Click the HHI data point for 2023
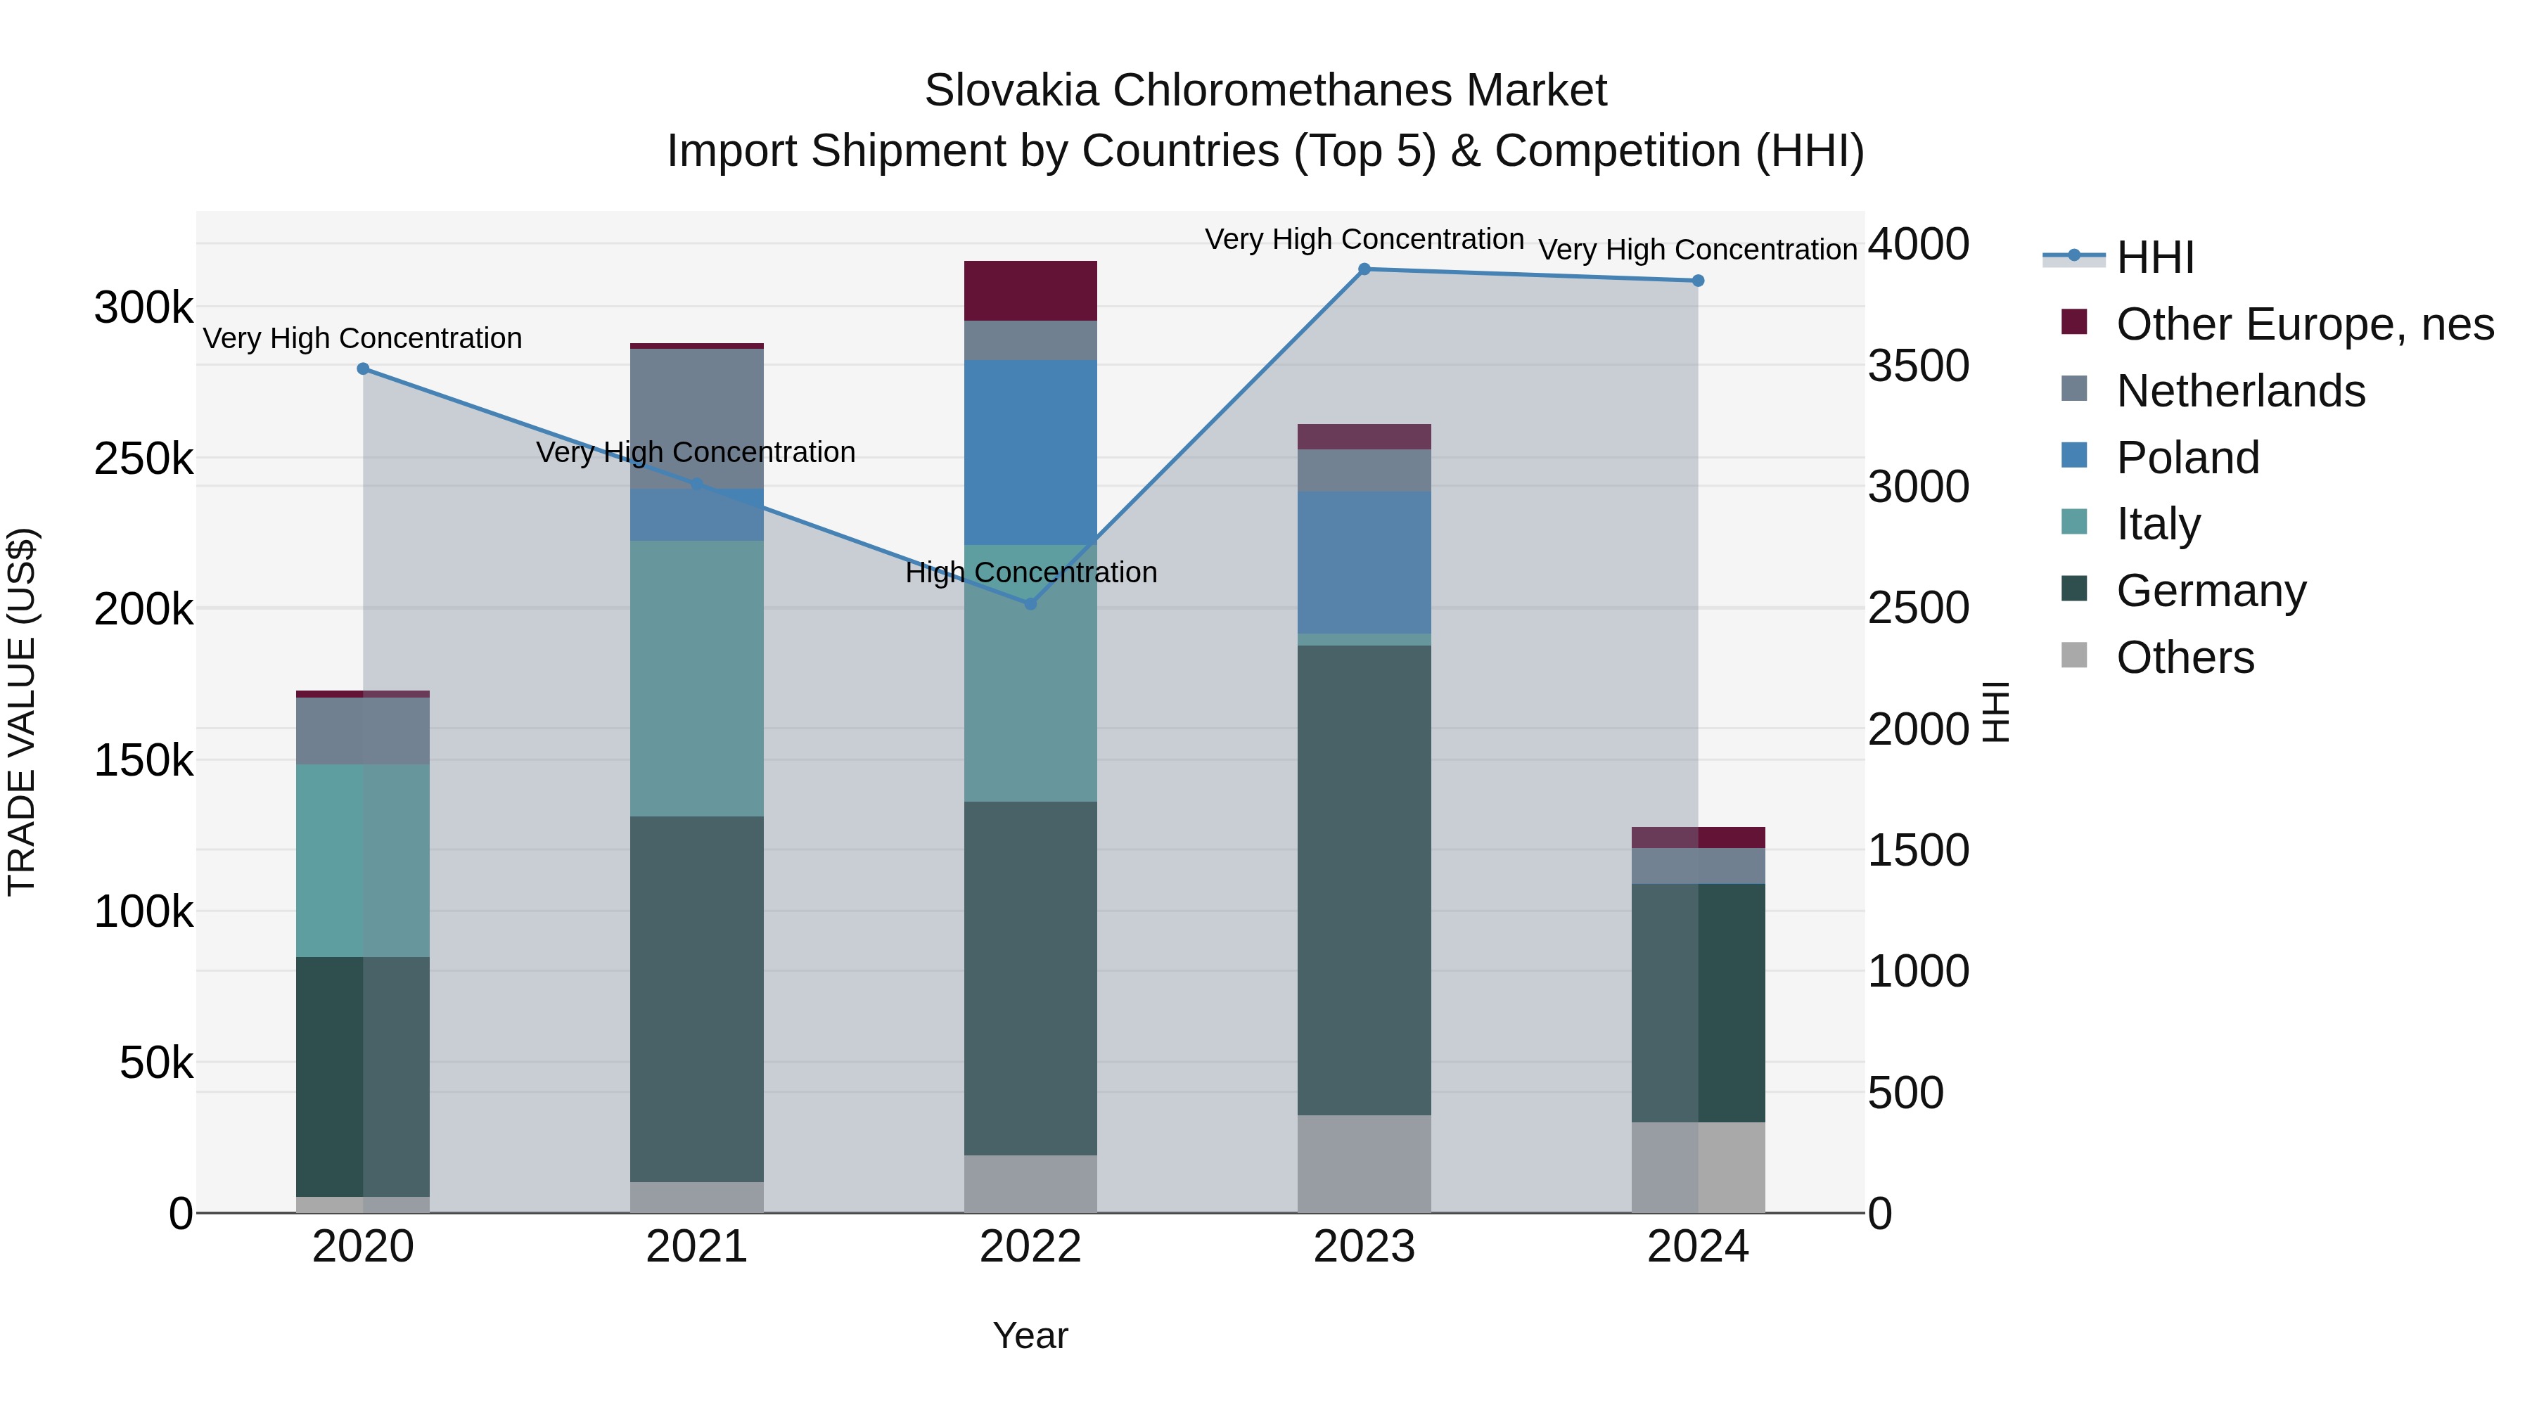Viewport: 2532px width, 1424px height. (1364, 269)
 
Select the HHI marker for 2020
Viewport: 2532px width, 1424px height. (363, 368)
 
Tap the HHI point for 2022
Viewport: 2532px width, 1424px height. (1030, 603)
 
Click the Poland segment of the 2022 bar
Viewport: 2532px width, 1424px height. (1030, 452)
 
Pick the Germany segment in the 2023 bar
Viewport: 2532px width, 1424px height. (1364, 880)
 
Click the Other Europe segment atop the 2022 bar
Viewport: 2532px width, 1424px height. (1030, 291)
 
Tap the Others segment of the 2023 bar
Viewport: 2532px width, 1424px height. (1364, 1164)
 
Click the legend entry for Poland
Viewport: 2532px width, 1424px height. (2188, 458)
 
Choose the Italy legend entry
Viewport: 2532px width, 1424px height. (2159, 524)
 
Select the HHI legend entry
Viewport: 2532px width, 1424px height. (2154, 257)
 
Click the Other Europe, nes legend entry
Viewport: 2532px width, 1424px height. (2305, 324)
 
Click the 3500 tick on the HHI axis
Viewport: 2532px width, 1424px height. (1918, 366)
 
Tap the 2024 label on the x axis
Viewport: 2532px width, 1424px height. (1698, 1247)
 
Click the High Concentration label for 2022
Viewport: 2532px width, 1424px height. (1030, 572)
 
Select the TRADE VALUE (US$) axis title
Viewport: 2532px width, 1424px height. (22, 712)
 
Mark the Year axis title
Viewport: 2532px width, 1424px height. (1030, 1335)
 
